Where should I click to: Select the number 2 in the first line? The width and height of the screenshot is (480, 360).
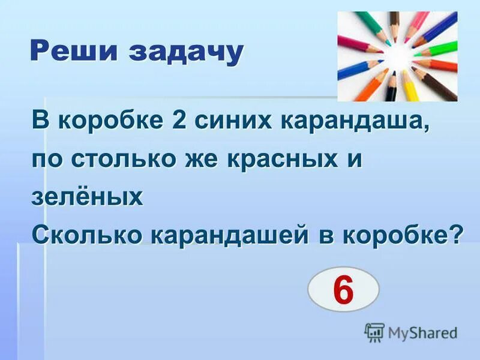178,121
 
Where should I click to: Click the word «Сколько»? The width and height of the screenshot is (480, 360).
86,235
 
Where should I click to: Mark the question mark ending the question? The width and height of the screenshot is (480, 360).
457,235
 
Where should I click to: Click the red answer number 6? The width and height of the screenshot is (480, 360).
343,290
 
